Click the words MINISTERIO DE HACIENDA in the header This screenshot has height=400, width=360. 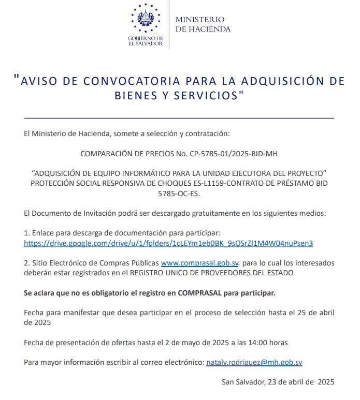(203, 24)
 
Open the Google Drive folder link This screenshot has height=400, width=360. (168, 242)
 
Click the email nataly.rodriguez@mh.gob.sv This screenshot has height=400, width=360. (254, 362)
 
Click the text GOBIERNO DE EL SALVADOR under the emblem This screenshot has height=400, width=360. (146, 41)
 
